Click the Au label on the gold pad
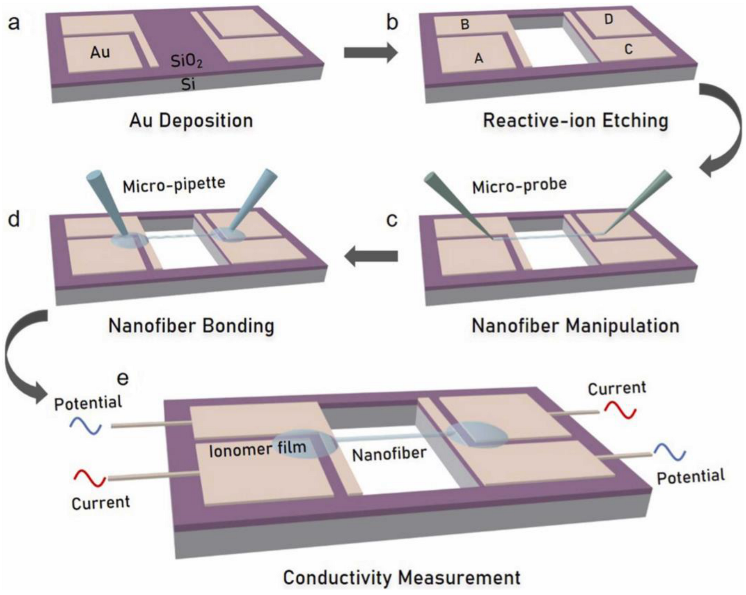(x=100, y=53)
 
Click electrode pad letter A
(x=479, y=59)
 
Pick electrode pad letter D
(x=609, y=20)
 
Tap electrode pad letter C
(x=628, y=50)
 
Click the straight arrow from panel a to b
(x=371, y=53)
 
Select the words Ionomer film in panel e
(x=258, y=449)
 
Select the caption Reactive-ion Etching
(x=575, y=121)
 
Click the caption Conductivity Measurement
(x=401, y=578)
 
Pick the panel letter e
(x=123, y=379)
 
